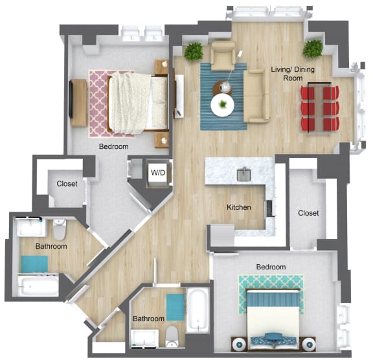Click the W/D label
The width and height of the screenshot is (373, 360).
click(157, 173)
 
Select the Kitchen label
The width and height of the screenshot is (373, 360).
click(238, 208)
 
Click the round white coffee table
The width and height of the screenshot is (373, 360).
click(222, 104)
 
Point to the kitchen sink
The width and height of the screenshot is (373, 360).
click(245, 174)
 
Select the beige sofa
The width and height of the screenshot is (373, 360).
click(256, 96)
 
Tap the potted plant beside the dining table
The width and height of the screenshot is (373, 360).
click(313, 49)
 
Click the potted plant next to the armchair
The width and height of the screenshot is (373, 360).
click(193, 52)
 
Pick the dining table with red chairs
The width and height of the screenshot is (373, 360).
click(320, 107)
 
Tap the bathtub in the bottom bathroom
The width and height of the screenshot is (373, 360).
click(196, 309)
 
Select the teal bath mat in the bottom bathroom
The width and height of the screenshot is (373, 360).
click(175, 307)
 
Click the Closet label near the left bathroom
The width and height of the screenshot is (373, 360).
click(67, 184)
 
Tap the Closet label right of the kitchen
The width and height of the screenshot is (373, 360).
click(308, 213)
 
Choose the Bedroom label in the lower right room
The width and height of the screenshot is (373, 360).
click(270, 267)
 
